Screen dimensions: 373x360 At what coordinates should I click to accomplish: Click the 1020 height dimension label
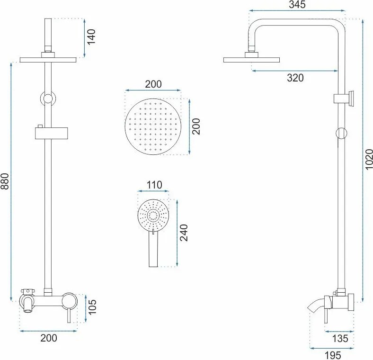369,159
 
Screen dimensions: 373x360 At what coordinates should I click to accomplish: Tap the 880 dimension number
5,181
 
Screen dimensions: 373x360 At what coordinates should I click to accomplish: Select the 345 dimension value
297,4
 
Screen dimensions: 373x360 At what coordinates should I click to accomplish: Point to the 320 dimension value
295,78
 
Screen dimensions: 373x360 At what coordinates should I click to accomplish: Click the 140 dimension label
91,36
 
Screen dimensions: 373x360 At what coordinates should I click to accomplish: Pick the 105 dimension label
92,306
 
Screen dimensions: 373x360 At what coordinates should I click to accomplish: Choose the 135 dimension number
340,338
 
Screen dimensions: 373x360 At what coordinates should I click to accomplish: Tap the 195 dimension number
333,355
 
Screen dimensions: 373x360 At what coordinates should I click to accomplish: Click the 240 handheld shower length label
184,233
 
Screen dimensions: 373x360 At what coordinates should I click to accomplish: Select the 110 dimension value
154,185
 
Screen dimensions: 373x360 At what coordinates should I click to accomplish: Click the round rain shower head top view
153,126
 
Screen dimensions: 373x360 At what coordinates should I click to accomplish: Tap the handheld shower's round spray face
153,215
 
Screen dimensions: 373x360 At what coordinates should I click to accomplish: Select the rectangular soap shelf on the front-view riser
52,133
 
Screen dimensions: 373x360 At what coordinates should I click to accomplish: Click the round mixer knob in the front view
69,300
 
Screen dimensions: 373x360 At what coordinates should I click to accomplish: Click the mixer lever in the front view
69,315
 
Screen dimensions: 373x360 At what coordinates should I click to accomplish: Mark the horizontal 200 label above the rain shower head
153,84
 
